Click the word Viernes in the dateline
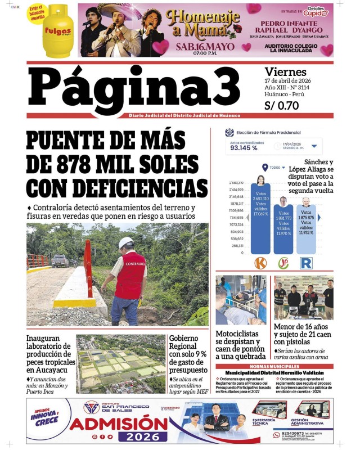(285, 72)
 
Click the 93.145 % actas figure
(244, 148)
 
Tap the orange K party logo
(260, 263)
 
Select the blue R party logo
(306, 263)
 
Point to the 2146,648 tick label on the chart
(236, 197)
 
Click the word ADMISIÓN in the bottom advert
(118, 422)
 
